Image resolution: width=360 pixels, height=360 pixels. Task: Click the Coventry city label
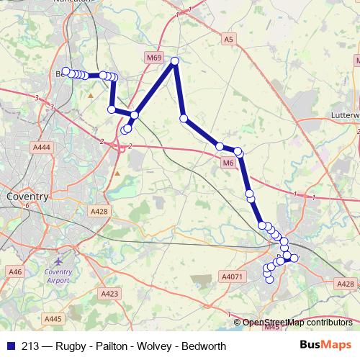(27, 196)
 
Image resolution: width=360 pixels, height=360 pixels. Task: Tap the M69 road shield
(153, 58)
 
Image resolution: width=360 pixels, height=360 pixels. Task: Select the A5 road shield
(229, 38)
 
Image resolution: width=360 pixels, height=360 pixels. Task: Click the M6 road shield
(228, 163)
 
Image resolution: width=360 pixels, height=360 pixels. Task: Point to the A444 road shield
(42, 147)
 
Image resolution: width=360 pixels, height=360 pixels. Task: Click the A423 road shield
(109, 294)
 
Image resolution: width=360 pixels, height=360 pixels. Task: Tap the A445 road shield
(53, 318)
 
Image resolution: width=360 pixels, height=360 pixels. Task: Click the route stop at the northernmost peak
(174, 62)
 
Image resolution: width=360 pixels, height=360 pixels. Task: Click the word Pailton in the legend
(109, 346)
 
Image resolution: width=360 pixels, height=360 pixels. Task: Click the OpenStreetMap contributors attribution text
(298, 323)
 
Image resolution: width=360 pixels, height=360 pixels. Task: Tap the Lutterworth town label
(343, 114)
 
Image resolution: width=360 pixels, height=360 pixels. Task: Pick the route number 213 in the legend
(30, 346)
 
